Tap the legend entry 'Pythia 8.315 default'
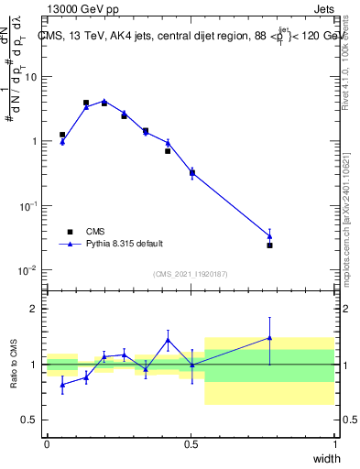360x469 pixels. pos(125,244)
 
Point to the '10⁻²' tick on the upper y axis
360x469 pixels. pos(29,270)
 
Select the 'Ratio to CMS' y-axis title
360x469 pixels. pos(14,365)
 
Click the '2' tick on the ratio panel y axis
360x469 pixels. pos(35,309)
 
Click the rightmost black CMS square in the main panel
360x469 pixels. pos(269,245)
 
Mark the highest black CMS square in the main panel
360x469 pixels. pos(86,103)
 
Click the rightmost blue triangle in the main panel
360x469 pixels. pos(269,235)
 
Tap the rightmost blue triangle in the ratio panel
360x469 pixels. pos(269,337)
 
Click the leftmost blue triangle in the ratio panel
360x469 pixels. pos(62,385)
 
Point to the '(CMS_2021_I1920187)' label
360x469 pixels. pos(190,275)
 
